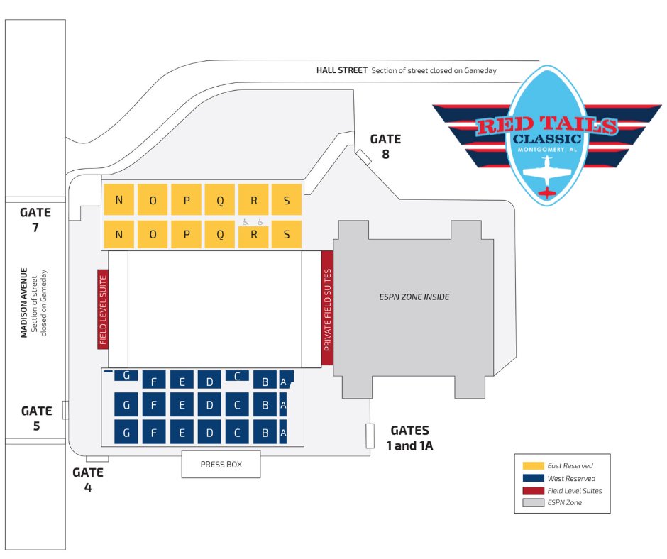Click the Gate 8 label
point(385,145)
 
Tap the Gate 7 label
point(35,220)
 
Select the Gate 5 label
point(36,419)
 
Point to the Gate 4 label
point(88,480)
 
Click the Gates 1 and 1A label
point(410,438)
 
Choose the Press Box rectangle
point(221,465)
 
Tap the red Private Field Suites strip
point(327,309)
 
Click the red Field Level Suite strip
point(103,309)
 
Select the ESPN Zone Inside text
point(414,297)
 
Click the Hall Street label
point(341,70)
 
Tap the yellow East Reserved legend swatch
point(533,465)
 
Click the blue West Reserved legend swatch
point(533,478)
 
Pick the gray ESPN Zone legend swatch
point(533,503)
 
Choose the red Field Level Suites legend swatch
point(533,490)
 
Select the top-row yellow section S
point(287,200)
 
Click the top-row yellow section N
point(118,200)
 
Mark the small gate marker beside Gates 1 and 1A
point(370,436)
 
